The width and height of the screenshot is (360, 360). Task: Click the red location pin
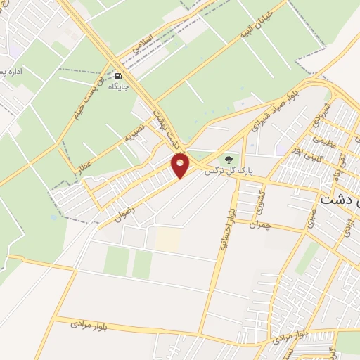181,166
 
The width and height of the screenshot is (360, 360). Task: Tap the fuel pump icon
117,76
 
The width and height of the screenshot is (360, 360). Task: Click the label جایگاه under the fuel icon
117,87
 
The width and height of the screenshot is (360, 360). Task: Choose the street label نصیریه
134,131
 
